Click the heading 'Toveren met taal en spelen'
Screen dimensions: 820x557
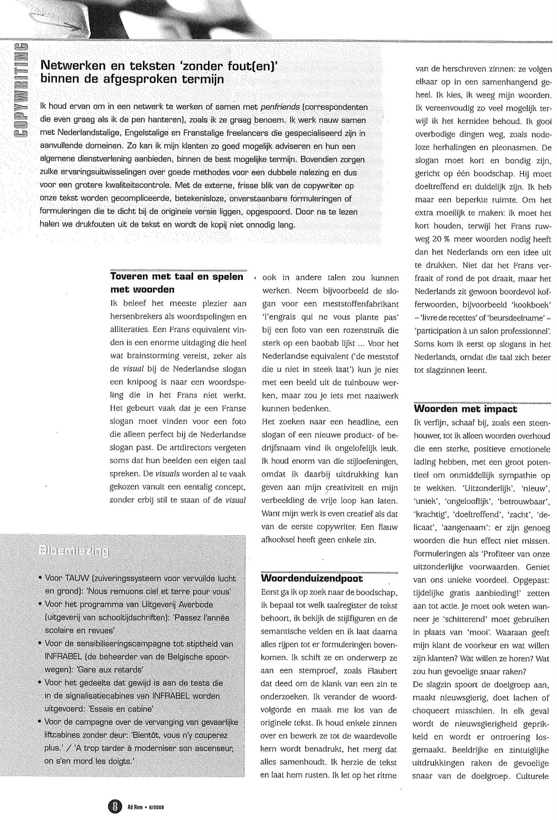177,277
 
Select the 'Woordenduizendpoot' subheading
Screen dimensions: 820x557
312,579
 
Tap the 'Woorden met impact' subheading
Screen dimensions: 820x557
465,409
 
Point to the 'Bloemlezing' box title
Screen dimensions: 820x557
73,551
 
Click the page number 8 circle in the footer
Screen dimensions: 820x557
115,807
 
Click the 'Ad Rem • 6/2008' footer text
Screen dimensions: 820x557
149,807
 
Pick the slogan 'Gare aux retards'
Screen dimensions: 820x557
113,669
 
